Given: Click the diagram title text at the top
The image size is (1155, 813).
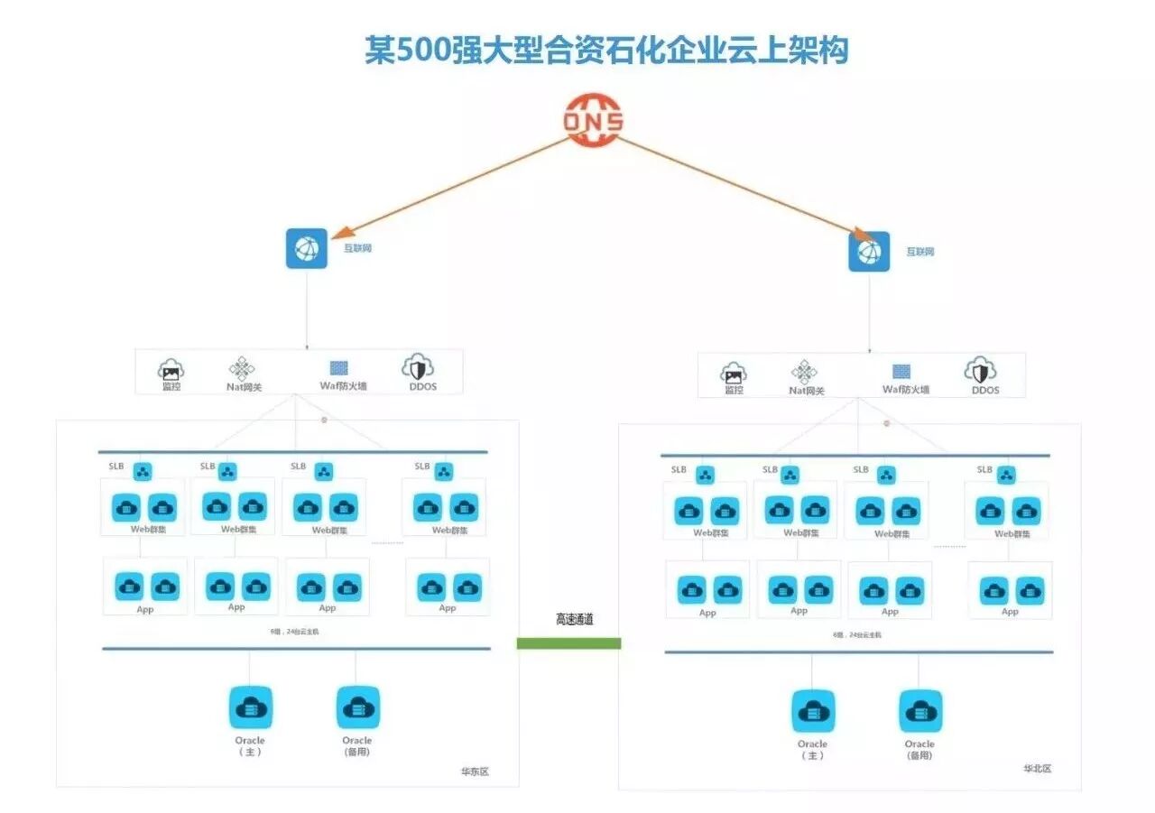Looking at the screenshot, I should tap(606, 51).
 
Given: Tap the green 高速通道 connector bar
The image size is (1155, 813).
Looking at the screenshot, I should tap(568, 643).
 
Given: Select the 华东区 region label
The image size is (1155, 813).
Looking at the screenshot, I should tap(475, 772).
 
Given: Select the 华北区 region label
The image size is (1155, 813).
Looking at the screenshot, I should tap(1037, 769).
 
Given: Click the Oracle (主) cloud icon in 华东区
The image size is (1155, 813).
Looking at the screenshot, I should tap(250, 707).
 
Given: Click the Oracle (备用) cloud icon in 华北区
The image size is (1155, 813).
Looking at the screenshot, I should tap(919, 711).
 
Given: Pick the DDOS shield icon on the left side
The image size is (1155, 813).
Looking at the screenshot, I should tap(418, 367).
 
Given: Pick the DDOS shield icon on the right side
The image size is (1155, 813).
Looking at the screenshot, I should tap(980, 371).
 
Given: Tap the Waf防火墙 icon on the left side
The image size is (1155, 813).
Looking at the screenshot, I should tap(339, 368).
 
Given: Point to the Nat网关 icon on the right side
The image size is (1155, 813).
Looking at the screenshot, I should tap(804, 372).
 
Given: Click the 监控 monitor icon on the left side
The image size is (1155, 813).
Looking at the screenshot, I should tap(171, 369).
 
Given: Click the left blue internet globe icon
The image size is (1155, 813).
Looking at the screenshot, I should tap(307, 248).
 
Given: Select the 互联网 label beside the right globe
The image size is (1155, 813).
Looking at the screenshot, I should tap(919, 252).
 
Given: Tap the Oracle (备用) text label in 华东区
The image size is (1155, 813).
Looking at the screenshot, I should tap(357, 746).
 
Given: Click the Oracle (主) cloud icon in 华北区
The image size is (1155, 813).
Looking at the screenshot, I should tap(813, 711).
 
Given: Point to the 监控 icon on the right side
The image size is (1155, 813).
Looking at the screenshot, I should tap(734, 373).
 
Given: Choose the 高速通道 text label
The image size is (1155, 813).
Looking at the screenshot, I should tap(575, 620).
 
